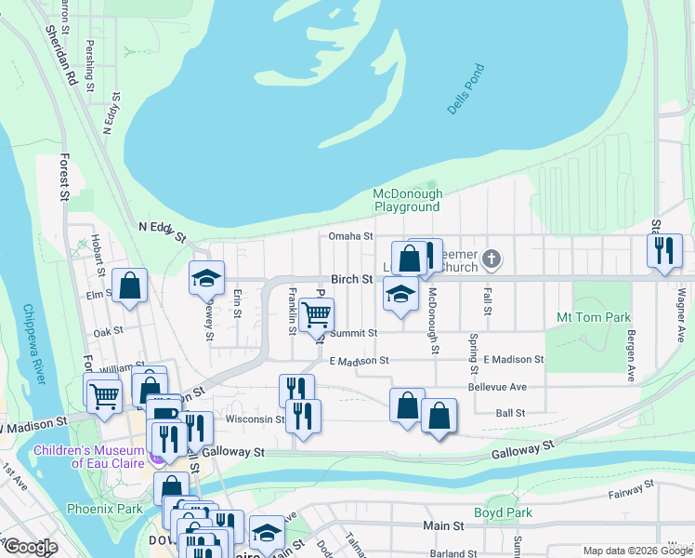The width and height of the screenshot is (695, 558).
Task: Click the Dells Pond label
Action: click(466, 89)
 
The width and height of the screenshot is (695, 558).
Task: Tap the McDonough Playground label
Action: click(406, 200)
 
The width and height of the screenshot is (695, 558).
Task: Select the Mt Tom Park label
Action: click(594, 317)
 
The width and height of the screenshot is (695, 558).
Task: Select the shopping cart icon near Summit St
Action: click(317, 316)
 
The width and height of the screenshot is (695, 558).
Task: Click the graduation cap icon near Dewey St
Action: click(207, 276)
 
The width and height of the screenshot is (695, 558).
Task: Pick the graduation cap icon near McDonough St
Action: click(400, 294)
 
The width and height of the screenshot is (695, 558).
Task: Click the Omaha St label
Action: click(350, 236)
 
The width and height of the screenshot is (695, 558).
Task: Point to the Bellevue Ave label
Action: click(497, 386)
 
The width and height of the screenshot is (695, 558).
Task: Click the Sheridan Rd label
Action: click(62, 55)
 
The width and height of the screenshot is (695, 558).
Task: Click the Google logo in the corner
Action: click(30, 547)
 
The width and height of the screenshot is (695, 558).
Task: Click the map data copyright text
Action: click(636, 551)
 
